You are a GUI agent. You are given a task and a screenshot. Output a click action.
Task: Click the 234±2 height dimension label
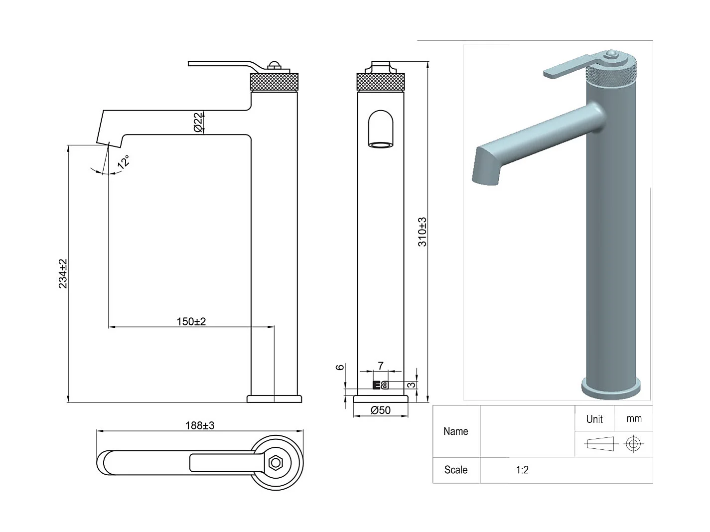coord(63,273)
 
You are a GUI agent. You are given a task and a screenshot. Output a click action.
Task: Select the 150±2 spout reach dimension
coord(191,321)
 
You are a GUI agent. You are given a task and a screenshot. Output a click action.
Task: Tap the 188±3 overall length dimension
coord(200,425)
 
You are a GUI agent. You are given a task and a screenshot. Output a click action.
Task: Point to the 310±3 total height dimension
coord(422,232)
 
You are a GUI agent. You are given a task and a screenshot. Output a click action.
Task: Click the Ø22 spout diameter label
coord(198,122)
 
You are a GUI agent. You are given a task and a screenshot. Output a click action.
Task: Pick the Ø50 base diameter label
coord(381,410)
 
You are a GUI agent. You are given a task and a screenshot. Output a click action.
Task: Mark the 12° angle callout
coord(124,162)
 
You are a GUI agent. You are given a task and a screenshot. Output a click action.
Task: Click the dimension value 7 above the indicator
coord(381,366)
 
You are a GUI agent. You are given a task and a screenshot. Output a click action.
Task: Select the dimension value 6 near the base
coord(340,367)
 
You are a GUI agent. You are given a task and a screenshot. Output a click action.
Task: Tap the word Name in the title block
coord(455,431)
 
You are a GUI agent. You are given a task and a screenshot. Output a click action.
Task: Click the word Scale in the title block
coord(455,470)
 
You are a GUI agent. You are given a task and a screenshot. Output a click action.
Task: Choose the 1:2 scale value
coord(522,470)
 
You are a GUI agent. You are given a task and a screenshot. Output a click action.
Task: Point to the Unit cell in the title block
coord(594,419)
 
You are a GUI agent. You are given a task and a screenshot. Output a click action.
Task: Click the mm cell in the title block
coord(634,419)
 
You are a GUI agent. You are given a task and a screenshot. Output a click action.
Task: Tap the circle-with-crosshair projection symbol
coord(633,443)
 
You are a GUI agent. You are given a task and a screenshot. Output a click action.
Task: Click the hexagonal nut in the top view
coord(275,463)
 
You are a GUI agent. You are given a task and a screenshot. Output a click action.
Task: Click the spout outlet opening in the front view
coord(380,144)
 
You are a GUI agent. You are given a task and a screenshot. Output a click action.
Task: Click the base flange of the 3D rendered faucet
coord(611,388)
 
